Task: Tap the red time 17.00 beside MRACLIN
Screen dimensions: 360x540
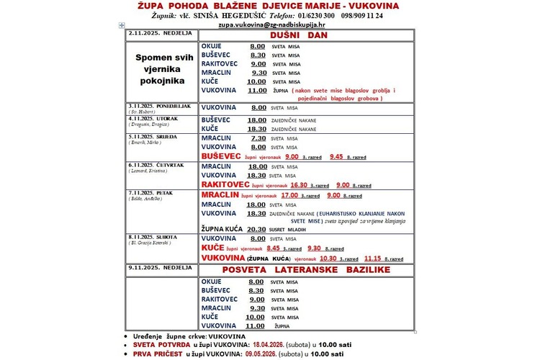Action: coord(289,194)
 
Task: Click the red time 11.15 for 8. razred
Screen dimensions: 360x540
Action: coord(372,258)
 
